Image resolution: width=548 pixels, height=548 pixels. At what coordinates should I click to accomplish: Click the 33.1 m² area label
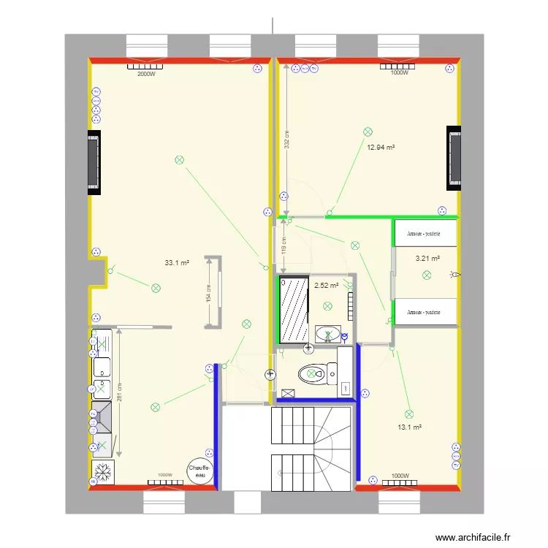[x=177, y=263]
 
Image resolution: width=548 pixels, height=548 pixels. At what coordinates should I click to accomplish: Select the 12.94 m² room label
[x=381, y=147]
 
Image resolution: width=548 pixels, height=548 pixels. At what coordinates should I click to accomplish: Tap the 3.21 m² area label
[x=427, y=258]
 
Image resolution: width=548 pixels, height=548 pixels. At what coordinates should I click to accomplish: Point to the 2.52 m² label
[x=327, y=285]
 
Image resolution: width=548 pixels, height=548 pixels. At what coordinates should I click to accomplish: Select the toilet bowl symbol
[x=311, y=373]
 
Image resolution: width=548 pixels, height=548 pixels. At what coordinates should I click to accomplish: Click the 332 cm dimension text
[x=287, y=139]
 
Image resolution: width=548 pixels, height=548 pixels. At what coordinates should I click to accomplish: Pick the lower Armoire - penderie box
[x=426, y=312]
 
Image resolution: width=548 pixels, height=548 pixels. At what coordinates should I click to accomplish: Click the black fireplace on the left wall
[x=94, y=162]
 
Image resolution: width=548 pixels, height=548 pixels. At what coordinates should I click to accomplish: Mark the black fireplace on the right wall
[x=454, y=158]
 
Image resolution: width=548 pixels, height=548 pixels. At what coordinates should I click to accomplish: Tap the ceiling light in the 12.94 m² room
[x=368, y=132]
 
